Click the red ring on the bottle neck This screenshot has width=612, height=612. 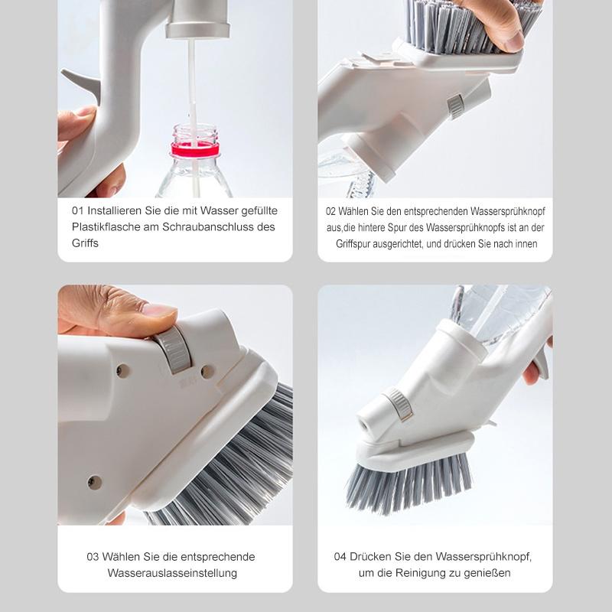pyautogui.click(x=195, y=149)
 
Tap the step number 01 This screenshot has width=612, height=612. pyautogui.click(x=78, y=210)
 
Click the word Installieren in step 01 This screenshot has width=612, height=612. pyautogui.click(x=115, y=210)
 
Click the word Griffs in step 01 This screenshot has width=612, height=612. pyautogui.click(x=85, y=243)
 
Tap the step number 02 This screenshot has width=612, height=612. pyautogui.click(x=331, y=211)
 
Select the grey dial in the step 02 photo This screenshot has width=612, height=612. pyautogui.click(x=456, y=106)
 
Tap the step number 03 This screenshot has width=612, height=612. pyautogui.click(x=93, y=556)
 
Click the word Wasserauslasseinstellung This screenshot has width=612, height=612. pyautogui.click(x=172, y=573)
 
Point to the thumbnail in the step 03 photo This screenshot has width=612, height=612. pyautogui.click(x=158, y=310)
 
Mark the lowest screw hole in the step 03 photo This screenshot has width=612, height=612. pyautogui.click(x=94, y=482)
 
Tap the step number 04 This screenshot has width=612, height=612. pyautogui.click(x=340, y=556)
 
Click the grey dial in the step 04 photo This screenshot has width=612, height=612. pyautogui.click(x=398, y=404)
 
